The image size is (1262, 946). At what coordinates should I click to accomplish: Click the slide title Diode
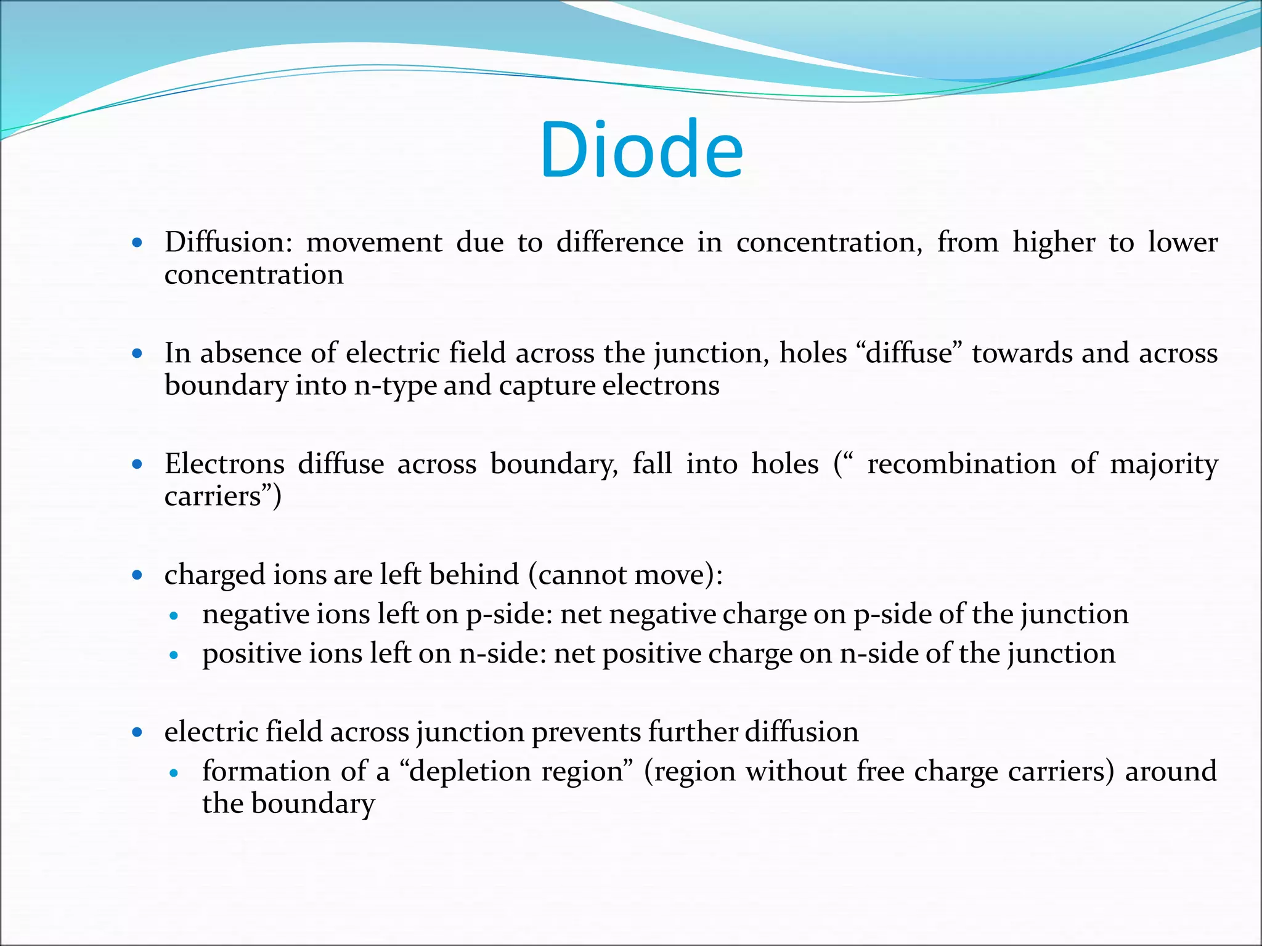click(x=641, y=150)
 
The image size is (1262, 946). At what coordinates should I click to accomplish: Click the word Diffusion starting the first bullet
click(x=229, y=242)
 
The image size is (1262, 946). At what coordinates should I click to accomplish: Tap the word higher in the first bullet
click(x=1053, y=242)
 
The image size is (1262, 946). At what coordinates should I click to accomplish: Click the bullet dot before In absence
click(x=137, y=354)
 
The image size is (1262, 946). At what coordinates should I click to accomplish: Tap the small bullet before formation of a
click(x=174, y=772)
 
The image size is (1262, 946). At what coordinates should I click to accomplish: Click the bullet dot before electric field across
click(x=137, y=732)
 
